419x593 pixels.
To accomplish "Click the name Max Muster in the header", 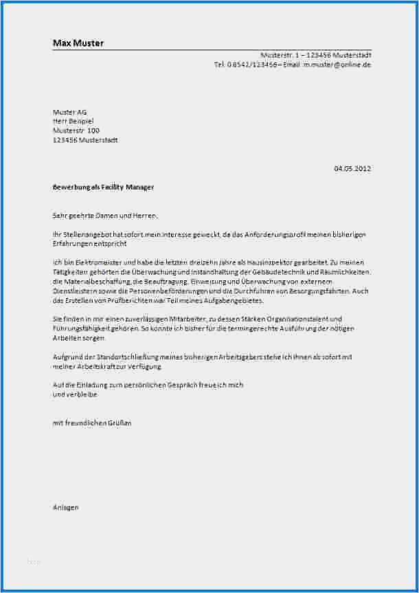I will [78, 43].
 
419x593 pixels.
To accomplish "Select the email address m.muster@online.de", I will [337, 65].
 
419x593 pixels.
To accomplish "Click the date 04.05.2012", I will [352, 168].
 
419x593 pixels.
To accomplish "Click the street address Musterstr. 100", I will [76, 130].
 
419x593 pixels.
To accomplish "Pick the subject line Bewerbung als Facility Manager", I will [103, 187].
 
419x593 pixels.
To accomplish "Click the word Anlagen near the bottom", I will [66, 507].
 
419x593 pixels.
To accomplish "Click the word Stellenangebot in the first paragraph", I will [87, 234].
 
